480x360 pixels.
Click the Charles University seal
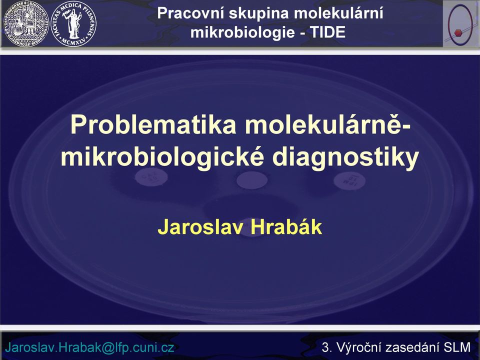click(26, 23)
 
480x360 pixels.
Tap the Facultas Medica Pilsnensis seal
click(74, 23)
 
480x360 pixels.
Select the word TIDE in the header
click(328, 32)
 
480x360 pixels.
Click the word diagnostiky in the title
click(345, 158)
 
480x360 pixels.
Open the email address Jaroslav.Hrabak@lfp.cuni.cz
click(89, 347)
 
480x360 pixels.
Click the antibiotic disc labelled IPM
click(349, 181)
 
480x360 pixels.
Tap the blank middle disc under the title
click(252, 180)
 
